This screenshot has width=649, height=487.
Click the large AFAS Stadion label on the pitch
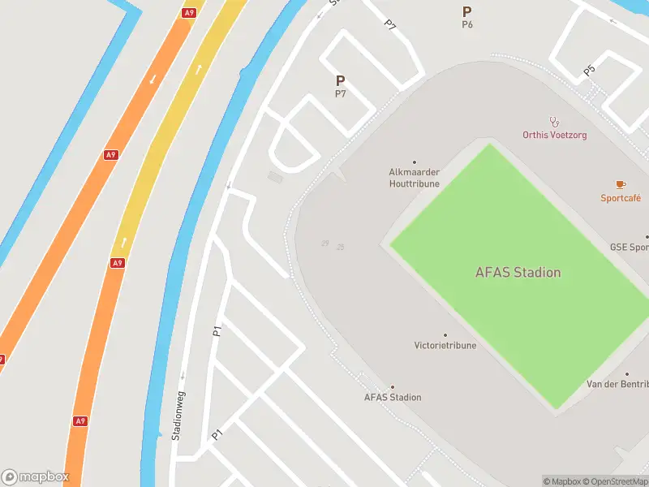pyautogui.click(x=518, y=273)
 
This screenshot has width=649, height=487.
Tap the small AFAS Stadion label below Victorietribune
pyautogui.click(x=393, y=398)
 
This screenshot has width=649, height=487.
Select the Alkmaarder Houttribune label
pyautogui.click(x=414, y=178)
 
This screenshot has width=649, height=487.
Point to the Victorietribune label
pyautogui.click(x=445, y=346)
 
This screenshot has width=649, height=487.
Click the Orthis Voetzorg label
pyautogui.click(x=555, y=135)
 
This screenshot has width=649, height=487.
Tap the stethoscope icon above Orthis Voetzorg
pyautogui.click(x=555, y=122)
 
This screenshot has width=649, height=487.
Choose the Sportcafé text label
pyautogui.click(x=621, y=198)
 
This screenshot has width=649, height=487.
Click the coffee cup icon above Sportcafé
pyautogui.click(x=621, y=185)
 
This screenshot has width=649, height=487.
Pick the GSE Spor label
pyautogui.click(x=630, y=248)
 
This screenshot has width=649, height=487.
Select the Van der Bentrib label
pyautogui.click(x=619, y=384)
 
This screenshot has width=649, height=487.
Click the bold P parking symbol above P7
pyautogui.click(x=341, y=81)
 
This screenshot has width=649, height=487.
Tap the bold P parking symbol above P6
pyautogui.click(x=467, y=11)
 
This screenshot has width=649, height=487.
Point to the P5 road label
pyautogui.click(x=590, y=71)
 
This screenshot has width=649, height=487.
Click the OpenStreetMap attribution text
pyautogui.click(x=614, y=482)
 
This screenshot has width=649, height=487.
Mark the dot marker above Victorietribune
pyautogui.click(x=445, y=334)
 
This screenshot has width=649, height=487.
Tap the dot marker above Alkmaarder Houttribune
pyautogui.click(x=415, y=162)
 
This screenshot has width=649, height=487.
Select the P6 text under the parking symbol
pyautogui.click(x=467, y=25)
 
